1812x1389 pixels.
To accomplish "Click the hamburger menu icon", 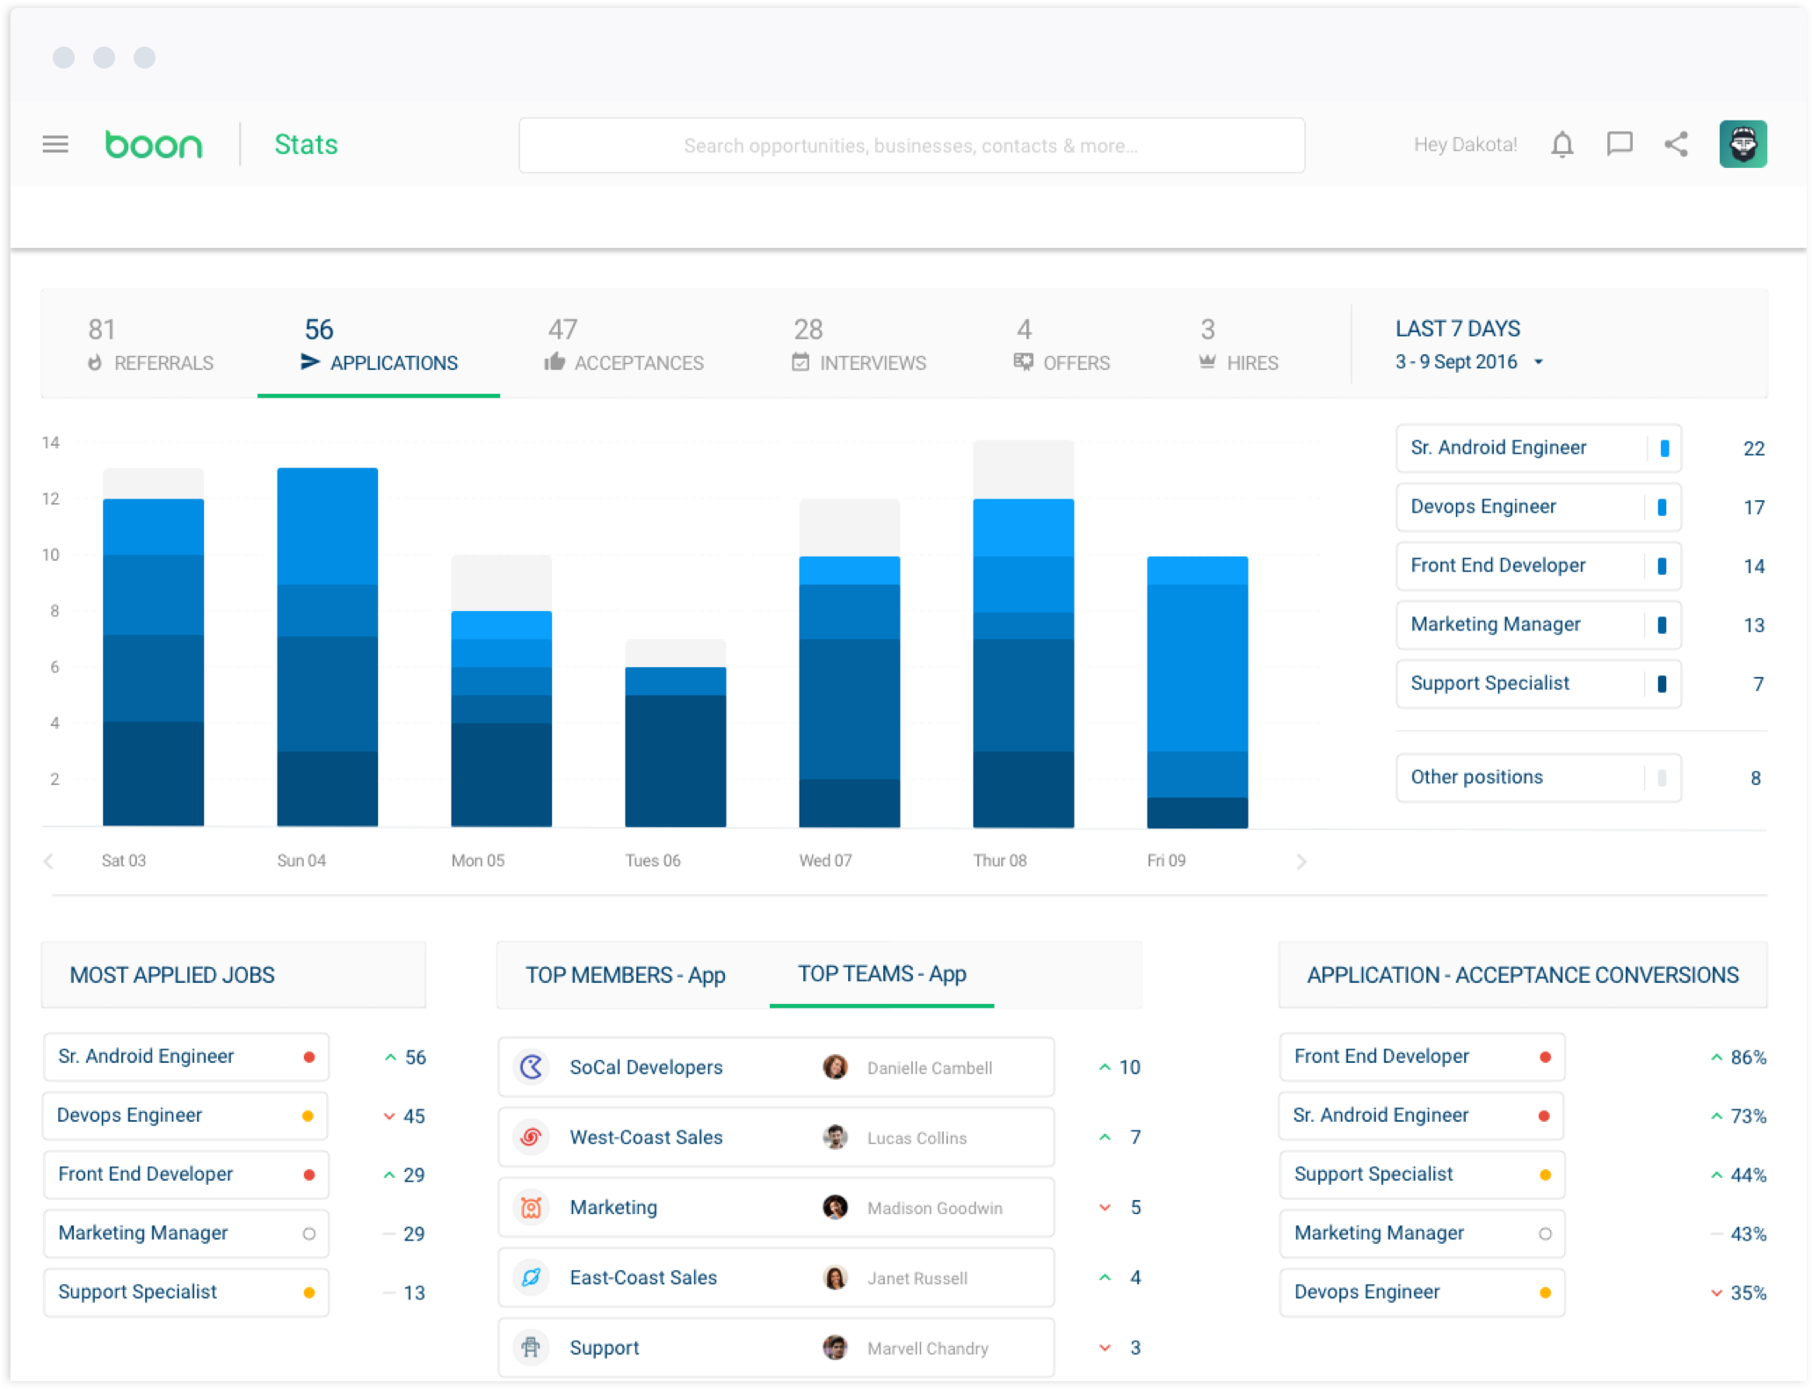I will (x=54, y=144).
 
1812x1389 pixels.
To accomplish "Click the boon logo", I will (x=154, y=145).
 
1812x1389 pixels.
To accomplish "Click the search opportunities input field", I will (x=910, y=146).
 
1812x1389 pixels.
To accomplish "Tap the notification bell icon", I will (x=1562, y=144).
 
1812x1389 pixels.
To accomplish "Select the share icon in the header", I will (x=1676, y=144).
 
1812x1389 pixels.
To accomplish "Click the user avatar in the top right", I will (x=1743, y=144).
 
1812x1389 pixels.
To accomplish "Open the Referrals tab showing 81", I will (x=150, y=345).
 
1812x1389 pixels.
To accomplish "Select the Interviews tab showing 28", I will (x=859, y=345).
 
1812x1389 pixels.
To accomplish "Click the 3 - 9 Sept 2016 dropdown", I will (x=1468, y=362).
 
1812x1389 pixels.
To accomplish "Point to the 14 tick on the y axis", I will (x=51, y=443).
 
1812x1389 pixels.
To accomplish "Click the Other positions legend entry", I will (x=1538, y=778).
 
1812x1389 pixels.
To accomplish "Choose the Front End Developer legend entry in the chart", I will (x=1538, y=566).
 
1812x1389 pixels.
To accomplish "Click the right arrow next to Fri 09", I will (x=1301, y=862).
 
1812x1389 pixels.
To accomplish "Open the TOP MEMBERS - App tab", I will (x=626, y=975).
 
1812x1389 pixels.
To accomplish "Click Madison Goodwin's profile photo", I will (x=835, y=1207).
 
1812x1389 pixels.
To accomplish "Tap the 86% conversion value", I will (x=1747, y=1058).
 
